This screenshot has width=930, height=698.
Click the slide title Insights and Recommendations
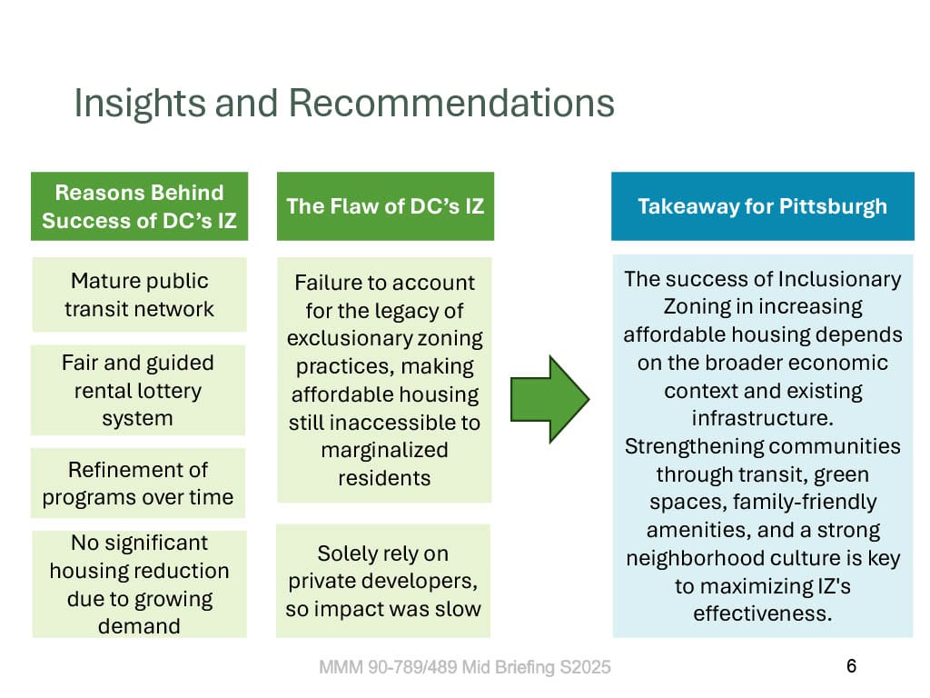[x=344, y=104]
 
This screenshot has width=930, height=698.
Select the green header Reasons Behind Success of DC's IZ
[x=139, y=206]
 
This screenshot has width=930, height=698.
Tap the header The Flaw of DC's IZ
[x=385, y=206]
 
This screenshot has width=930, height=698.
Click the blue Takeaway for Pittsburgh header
[x=763, y=206]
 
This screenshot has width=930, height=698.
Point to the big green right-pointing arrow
[x=549, y=400]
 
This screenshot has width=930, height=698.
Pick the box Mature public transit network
[x=139, y=294]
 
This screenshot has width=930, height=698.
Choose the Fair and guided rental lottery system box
[x=138, y=390]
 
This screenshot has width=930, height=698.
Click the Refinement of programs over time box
[x=138, y=484]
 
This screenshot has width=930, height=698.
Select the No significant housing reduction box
[x=139, y=584]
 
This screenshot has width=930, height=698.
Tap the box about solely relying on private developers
[x=383, y=581]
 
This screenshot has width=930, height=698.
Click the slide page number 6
[x=851, y=666]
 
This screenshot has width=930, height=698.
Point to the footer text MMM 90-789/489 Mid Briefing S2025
[x=465, y=667]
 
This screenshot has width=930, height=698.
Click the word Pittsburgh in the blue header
[x=834, y=206]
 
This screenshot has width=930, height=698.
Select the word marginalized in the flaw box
[x=384, y=451]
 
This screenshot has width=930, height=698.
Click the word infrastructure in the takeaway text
[x=762, y=418]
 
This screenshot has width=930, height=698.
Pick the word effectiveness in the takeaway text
[x=762, y=613]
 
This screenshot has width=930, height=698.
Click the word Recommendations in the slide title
[x=451, y=104]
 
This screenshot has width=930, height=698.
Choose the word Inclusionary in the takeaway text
[x=839, y=279]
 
